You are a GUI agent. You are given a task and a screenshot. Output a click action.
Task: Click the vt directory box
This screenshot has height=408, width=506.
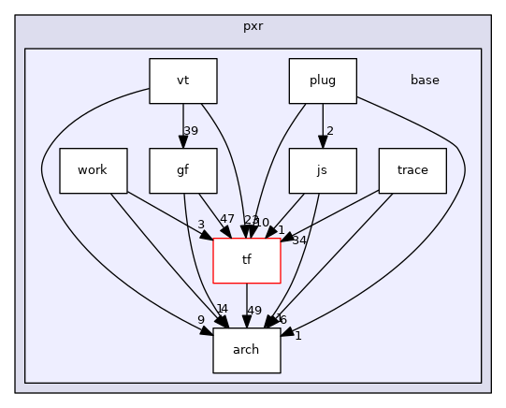click(183, 80)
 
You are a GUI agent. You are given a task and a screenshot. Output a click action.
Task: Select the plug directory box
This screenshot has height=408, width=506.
click(323, 80)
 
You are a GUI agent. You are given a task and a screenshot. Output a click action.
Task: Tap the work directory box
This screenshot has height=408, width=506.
click(94, 170)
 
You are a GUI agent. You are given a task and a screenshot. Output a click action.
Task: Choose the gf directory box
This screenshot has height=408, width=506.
click(183, 170)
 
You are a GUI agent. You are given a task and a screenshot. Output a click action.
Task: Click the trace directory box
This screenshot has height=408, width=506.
click(412, 170)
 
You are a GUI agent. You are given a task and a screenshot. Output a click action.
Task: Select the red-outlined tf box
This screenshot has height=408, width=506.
click(247, 260)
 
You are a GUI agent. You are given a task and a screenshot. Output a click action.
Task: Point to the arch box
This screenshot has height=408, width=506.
click(247, 350)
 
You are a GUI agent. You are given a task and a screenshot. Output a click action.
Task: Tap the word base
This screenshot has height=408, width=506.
click(425, 80)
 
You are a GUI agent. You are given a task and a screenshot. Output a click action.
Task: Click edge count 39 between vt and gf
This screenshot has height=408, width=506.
click(191, 131)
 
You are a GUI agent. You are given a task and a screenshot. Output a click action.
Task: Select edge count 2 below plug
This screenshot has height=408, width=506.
click(330, 131)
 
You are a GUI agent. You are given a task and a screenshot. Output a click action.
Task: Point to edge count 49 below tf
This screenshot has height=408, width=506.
click(254, 311)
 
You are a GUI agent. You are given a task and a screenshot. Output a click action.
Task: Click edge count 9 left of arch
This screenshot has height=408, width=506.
click(201, 320)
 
